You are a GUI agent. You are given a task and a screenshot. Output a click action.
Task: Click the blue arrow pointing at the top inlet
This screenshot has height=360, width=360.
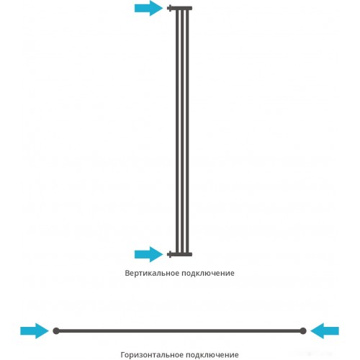tap(148, 8)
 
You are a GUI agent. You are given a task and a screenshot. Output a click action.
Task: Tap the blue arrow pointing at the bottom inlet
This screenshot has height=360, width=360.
tap(148, 254)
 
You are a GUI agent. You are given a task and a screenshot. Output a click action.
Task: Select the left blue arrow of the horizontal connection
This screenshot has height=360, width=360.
tap(35, 331)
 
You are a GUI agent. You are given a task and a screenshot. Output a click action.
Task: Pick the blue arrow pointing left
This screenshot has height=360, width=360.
tap(325, 331)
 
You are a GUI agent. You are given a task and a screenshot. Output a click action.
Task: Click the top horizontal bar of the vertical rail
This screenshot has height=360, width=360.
tap(182, 9)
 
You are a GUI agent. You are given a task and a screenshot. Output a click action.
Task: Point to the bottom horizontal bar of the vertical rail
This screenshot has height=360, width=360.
tap(182, 254)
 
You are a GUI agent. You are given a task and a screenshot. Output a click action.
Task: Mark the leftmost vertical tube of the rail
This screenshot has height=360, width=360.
tap(177, 131)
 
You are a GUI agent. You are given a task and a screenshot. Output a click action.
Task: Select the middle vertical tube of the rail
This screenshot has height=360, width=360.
tap(182, 131)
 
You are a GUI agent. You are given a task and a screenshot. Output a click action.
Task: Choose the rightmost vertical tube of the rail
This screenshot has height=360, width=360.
tap(187, 131)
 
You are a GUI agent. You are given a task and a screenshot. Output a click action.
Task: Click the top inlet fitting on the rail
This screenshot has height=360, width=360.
tap(170, 8)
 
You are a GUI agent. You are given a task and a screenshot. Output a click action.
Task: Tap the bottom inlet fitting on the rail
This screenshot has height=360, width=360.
tap(170, 254)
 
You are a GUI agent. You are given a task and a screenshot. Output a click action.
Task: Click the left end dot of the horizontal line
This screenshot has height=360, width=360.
tap(56, 331)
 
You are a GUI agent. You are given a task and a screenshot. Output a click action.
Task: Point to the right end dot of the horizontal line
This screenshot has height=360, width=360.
tap(303, 331)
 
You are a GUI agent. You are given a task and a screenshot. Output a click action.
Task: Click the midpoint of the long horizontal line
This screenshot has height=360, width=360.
tap(179, 331)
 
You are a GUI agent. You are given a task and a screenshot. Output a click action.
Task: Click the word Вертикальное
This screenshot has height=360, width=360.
tap(152, 273)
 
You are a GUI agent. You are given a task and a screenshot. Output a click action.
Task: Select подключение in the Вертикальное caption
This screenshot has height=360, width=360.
tap(208, 274)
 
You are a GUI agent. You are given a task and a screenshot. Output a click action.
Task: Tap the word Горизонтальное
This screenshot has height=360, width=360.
tap(152, 354)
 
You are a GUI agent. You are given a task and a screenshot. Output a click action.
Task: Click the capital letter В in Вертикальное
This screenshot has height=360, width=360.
tap(127, 273)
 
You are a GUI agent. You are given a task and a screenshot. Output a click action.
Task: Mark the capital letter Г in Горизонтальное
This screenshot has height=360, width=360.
tap(122, 354)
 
